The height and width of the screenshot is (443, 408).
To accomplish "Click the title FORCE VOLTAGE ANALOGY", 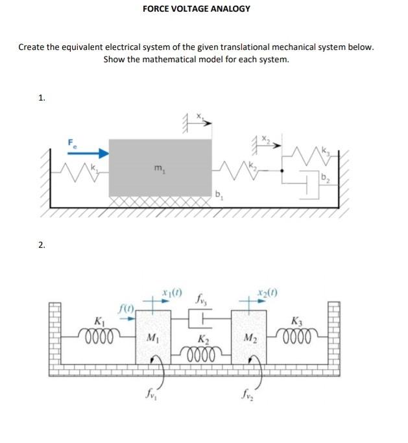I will pos(196,8).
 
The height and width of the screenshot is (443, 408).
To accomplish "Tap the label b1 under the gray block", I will pos(219,195).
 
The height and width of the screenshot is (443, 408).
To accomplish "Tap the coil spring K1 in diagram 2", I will pos(100,336).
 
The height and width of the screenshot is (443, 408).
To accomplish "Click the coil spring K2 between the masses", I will pos(202,353).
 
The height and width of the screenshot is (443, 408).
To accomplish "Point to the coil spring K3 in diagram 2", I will pos(299,336).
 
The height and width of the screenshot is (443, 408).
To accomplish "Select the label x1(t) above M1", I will pos(172,293).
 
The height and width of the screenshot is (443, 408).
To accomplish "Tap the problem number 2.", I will pos(42,245).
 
